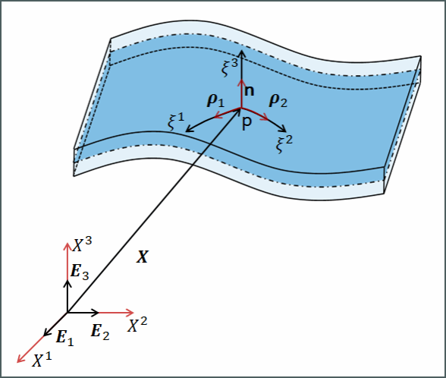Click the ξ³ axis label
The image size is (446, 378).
230,68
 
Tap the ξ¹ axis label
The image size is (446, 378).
176,121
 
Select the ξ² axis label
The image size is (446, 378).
284,144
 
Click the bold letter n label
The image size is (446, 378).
249,91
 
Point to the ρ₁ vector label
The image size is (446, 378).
215,101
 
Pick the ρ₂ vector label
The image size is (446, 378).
278,101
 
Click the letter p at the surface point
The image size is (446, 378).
247,124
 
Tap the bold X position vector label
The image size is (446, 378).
143,257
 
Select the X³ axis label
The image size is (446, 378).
82,244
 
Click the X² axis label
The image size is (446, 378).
137,325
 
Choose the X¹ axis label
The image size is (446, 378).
42,360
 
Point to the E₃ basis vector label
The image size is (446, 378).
80,272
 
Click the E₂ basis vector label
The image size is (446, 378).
100,332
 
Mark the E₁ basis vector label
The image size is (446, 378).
65,338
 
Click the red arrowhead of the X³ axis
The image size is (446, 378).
67,246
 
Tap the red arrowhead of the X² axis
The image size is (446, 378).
130,313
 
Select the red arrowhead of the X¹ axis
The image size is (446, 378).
20,360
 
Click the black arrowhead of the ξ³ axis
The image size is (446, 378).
241,53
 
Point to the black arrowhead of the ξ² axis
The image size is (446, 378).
283,129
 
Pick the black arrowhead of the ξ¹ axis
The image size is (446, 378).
189,129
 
